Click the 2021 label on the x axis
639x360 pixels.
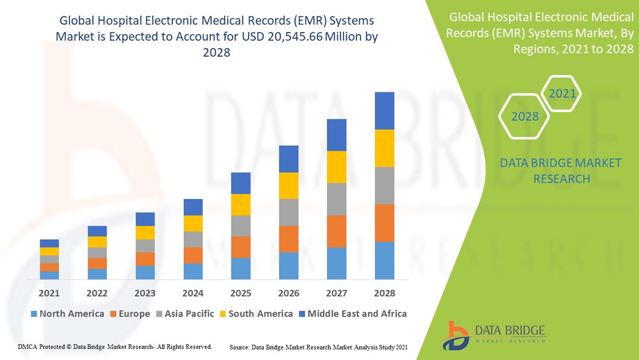49,293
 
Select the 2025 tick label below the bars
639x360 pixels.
241,293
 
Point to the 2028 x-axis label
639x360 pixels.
384,293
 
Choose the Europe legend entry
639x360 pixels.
130,313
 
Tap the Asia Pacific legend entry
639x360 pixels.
184,313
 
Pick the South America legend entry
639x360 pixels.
256,313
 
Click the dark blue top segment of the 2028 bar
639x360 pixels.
384,111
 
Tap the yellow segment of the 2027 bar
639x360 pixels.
337,167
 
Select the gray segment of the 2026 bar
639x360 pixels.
289,213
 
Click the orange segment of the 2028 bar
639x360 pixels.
384,223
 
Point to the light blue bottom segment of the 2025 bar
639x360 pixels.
241,268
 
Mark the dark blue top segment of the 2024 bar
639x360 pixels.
193,207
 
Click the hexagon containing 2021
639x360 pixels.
561,93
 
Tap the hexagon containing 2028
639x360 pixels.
525,116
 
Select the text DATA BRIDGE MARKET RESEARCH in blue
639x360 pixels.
561,171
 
